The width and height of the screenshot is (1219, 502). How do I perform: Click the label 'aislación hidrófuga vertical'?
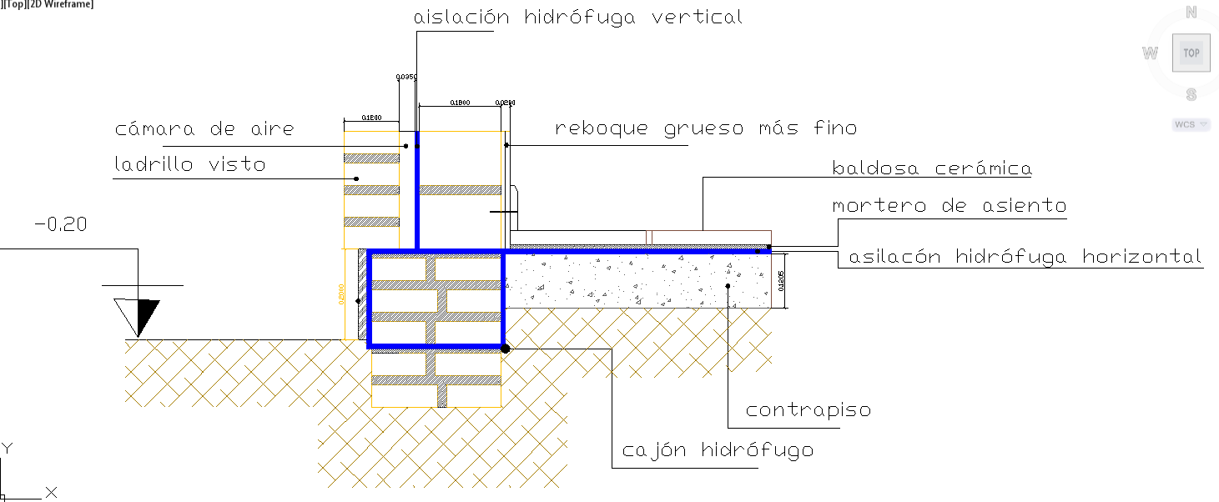click(577, 18)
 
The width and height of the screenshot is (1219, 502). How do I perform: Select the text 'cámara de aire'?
click(204, 129)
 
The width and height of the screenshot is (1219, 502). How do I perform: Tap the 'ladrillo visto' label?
click(190, 164)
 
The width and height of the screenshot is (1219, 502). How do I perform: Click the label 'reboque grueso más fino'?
click(706, 128)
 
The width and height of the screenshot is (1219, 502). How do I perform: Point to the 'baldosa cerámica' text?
click(932, 168)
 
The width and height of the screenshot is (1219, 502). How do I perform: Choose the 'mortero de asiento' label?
click(950, 205)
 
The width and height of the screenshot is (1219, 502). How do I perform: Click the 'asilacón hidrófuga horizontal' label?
click(1025, 257)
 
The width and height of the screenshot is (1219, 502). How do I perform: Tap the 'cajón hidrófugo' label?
click(718, 450)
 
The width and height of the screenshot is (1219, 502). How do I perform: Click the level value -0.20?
click(60, 224)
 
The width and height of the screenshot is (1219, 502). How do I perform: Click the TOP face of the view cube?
click(1191, 53)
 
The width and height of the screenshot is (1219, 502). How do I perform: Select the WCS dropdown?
click(1191, 125)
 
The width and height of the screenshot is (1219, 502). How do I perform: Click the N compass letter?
click(1191, 13)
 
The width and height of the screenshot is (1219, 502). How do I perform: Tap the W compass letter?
click(1150, 54)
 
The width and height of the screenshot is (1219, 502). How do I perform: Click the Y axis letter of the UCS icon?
click(7, 449)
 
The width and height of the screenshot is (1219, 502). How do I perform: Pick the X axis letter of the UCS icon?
click(51, 492)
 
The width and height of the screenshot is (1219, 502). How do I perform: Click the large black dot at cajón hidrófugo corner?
click(505, 349)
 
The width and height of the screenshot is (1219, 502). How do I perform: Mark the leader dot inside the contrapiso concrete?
click(728, 286)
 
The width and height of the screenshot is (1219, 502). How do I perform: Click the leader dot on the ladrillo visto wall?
click(356, 178)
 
